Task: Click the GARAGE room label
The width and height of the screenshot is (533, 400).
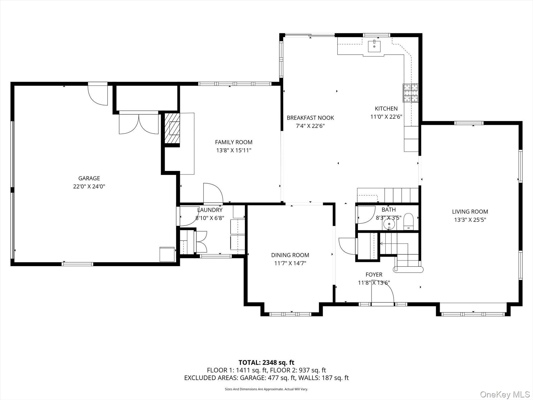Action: tap(89, 178)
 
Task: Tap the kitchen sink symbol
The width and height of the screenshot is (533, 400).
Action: tap(374, 46)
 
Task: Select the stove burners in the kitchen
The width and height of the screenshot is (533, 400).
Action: tap(410, 93)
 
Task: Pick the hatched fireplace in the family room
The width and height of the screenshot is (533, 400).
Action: tap(172, 129)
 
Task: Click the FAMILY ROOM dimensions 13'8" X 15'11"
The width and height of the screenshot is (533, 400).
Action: tap(233, 150)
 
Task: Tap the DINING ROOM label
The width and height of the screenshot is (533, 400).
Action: tap(290, 255)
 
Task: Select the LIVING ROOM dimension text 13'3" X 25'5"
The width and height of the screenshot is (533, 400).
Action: tap(470, 220)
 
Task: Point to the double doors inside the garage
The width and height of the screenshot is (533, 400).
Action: tap(139, 124)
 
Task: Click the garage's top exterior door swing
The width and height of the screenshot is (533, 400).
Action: tap(98, 94)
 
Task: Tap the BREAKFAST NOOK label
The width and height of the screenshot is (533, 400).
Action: tap(310, 118)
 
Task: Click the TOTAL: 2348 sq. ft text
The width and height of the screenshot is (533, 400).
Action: tap(266, 362)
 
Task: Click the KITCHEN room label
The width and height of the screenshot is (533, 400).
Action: tap(386, 109)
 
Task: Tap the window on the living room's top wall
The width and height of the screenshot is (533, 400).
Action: tap(469, 123)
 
